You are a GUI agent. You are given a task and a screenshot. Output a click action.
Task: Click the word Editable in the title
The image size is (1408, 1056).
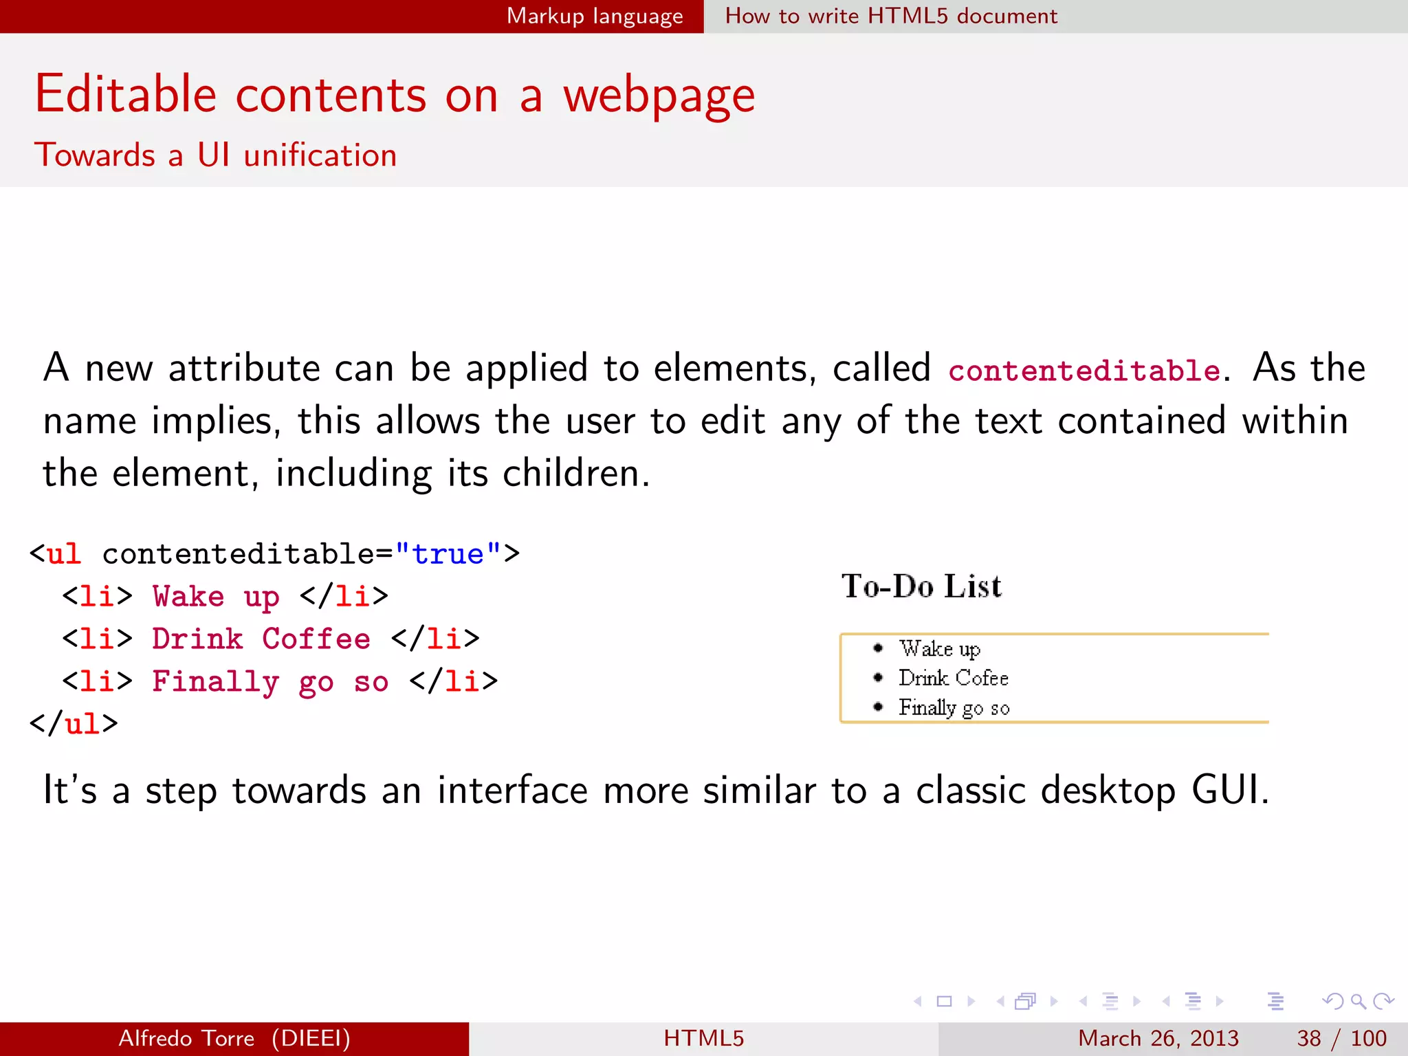pyautogui.click(x=126, y=94)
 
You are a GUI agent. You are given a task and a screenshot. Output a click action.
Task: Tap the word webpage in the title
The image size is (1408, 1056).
pyautogui.click(x=659, y=97)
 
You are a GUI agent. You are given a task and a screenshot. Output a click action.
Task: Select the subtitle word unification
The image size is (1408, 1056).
pyautogui.click(x=320, y=155)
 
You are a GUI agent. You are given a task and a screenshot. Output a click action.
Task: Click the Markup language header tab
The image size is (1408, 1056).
pyautogui.click(x=595, y=16)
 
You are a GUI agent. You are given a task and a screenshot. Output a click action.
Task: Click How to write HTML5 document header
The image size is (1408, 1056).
pyautogui.click(x=891, y=16)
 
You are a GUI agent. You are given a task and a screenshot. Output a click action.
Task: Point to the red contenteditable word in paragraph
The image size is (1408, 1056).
pyautogui.click(x=1084, y=371)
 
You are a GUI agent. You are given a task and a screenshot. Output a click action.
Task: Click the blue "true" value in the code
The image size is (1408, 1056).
pyautogui.click(x=448, y=554)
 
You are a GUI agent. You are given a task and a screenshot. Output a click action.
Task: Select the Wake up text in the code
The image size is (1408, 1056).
pyautogui.click(x=216, y=597)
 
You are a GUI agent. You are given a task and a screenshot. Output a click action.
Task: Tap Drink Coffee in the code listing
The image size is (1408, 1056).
pyautogui.click(x=261, y=639)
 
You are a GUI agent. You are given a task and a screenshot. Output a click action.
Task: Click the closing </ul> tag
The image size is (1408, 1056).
pyautogui.click(x=74, y=724)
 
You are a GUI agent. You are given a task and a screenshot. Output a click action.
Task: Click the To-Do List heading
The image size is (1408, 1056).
pyautogui.click(x=921, y=586)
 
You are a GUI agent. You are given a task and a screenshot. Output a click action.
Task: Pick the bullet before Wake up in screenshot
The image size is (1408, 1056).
pyautogui.click(x=878, y=648)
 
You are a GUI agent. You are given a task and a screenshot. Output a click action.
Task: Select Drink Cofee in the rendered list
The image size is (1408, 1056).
pyautogui.click(x=953, y=678)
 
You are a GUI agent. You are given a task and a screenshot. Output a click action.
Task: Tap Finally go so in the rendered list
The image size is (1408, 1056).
pyautogui.click(x=954, y=707)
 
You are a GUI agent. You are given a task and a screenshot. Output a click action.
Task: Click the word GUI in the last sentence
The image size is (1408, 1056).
pyautogui.click(x=1229, y=789)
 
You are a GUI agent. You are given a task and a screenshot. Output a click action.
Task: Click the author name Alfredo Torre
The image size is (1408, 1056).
pyautogui.click(x=186, y=1038)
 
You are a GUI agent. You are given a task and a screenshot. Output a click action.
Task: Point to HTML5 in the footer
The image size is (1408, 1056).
pyautogui.click(x=703, y=1038)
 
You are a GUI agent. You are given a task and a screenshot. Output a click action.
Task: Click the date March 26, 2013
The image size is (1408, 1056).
pyautogui.click(x=1158, y=1038)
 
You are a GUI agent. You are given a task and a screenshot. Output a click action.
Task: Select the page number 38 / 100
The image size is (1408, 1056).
pyautogui.click(x=1341, y=1038)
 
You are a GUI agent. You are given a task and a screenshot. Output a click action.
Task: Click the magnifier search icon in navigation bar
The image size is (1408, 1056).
pyautogui.click(x=1358, y=1001)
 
